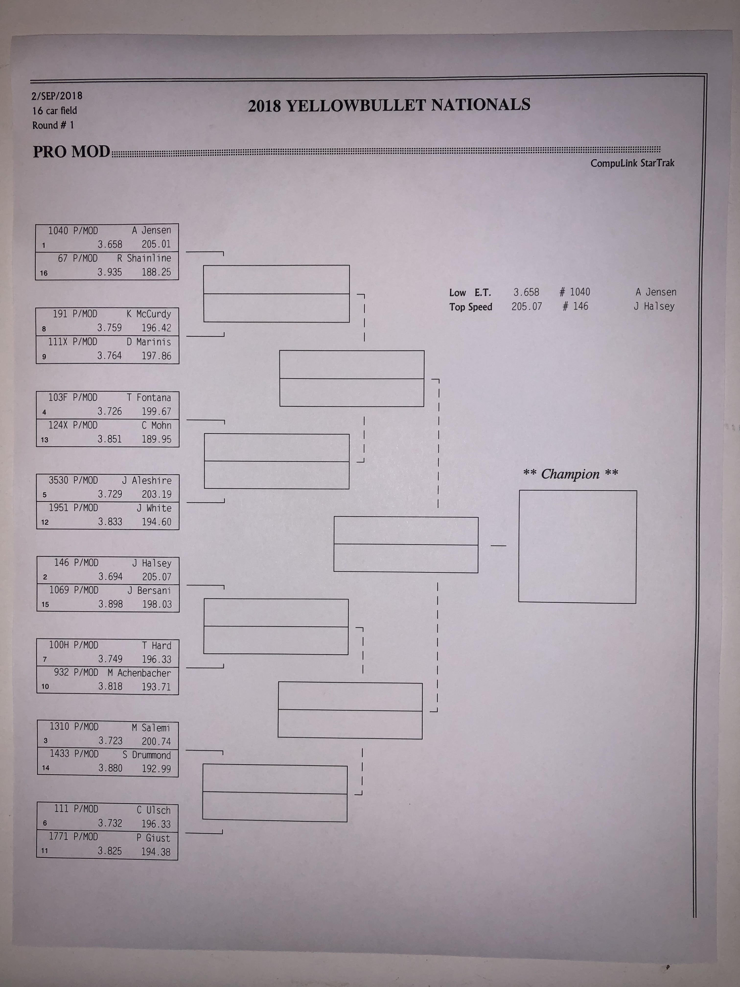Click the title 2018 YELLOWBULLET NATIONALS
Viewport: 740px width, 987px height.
tap(389, 105)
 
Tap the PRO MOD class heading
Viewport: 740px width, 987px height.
tap(71, 152)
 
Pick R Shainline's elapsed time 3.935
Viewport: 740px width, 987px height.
tap(110, 272)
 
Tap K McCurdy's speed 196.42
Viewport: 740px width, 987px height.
tap(156, 328)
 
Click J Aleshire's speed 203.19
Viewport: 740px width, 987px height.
tap(157, 494)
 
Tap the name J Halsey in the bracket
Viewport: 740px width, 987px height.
tap(152, 563)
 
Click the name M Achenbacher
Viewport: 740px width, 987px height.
tap(139, 673)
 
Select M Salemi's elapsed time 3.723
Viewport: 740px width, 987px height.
tap(110, 741)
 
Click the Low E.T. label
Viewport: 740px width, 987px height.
tap(470, 293)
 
